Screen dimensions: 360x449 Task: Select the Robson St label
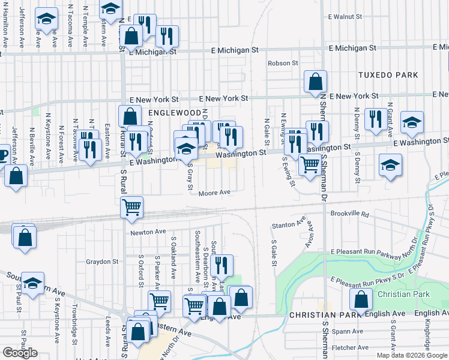click(283, 63)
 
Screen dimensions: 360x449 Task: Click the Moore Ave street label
click(215, 193)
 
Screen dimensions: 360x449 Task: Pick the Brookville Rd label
click(348, 213)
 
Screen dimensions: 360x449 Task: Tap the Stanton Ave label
click(284, 225)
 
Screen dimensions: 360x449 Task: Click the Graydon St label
click(102, 262)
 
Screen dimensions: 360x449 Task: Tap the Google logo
click(20, 353)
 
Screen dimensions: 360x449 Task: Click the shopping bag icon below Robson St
click(315, 82)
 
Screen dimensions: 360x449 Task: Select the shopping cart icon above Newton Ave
click(131, 207)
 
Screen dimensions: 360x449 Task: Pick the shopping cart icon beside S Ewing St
click(310, 164)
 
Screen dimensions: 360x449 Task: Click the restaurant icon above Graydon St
click(221, 264)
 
